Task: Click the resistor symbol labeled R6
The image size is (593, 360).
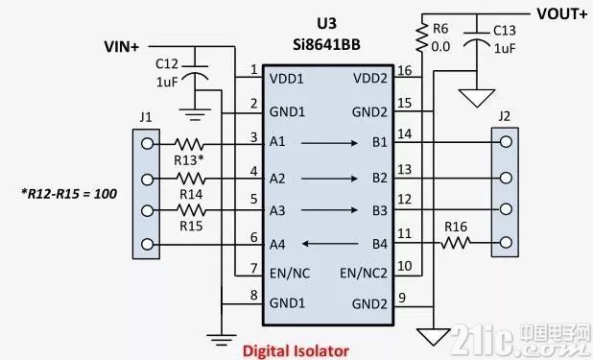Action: click(x=422, y=37)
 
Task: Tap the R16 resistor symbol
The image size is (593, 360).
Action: click(x=456, y=243)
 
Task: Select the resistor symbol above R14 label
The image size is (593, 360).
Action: click(x=191, y=179)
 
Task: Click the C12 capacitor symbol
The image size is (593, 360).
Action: click(x=195, y=74)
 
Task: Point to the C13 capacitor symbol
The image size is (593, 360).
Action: click(x=477, y=37)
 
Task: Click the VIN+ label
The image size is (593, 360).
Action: click(x=122, y=47)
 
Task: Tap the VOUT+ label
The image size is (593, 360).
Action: click(x=562, y=14)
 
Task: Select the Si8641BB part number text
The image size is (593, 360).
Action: click(x=327, y=45)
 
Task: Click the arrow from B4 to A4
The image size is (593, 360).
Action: click(x=330, y=244)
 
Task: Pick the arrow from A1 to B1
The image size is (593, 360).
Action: click(x=329, y=143)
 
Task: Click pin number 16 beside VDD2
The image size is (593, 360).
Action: click(x=404, y=70)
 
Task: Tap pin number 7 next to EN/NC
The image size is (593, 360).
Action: click(x=254, y=268)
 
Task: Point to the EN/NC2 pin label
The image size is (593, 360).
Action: click(x=364, y=273)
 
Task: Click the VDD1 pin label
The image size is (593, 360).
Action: click(x=286, y=79)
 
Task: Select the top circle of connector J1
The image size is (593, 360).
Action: click(x=147, y=144)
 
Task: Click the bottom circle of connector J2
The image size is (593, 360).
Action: click(x=506, y=242)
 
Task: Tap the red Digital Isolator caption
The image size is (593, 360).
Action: click(x=296, y=351)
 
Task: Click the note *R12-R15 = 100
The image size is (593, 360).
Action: click(x=69, y=194)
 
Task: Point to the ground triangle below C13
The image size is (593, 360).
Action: click(x=477, y=98)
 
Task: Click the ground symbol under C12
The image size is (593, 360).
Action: click(x=195, y=114)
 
